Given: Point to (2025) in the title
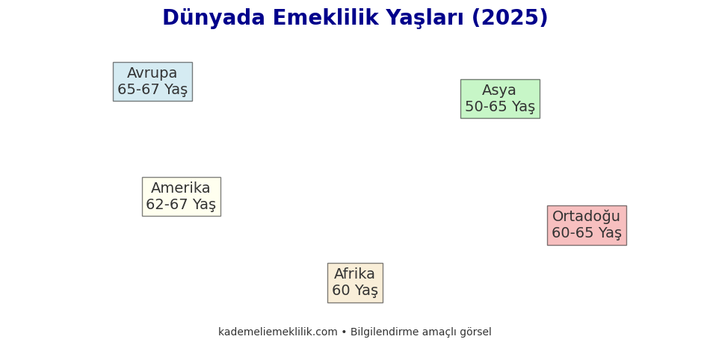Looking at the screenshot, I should pos(510,18).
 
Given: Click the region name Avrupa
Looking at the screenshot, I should pos(152,73).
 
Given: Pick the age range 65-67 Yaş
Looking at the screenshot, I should pos(152,90).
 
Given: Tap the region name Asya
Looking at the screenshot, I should pos(499,90).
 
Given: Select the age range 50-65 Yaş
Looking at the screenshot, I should pos(500,107).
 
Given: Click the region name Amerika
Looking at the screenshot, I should pos(181,188).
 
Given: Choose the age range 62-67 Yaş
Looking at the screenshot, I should pos(181,205).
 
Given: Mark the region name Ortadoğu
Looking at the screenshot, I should pos(586,217).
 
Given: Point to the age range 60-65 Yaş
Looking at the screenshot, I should pos(587,233).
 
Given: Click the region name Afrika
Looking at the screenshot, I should pos(354,274).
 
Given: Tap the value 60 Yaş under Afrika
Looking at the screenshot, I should pos(355,291).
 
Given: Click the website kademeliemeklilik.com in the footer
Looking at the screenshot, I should pos(278,332).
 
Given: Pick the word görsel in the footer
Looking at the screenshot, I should pos(475,332).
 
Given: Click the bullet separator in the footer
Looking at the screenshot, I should pos(344,332).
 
